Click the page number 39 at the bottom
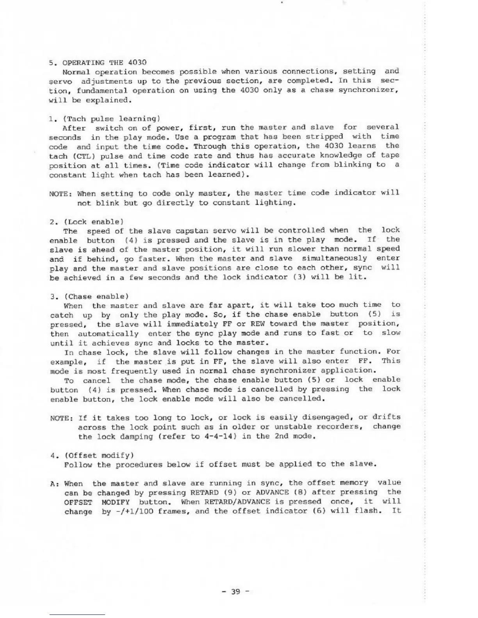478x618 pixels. coord(235,591)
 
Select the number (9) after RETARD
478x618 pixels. coord(229,493)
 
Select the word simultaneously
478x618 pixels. coord(334,259)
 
